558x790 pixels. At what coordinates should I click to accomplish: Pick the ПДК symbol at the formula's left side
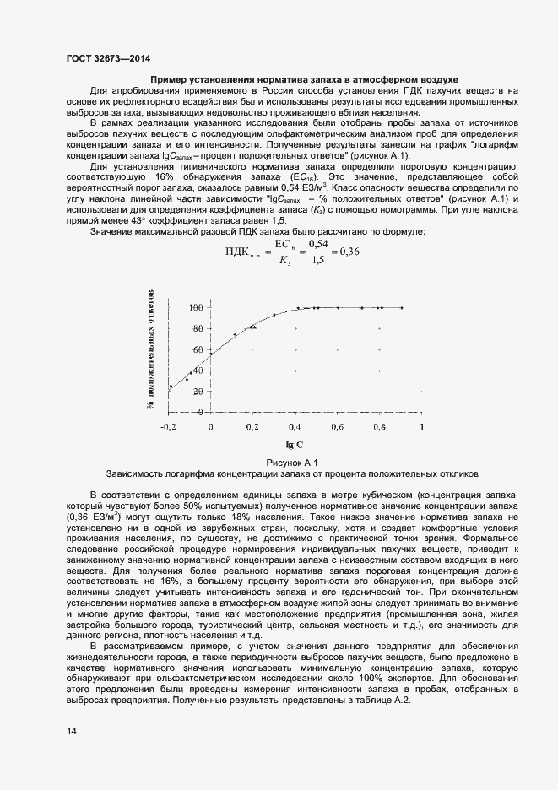pos(243,252)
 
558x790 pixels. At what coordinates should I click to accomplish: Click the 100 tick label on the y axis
pos(196,307)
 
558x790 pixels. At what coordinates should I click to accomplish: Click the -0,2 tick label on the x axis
pos(170,428)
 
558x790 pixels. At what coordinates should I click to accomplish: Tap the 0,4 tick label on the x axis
pos(295,428)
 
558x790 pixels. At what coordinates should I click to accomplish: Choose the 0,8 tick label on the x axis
pos(380,428)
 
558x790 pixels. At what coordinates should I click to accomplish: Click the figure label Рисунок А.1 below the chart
pos(290,463)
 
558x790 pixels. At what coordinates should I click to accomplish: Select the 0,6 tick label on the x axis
pos(338,428)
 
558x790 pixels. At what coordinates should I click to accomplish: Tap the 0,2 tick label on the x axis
pos(252,428)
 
